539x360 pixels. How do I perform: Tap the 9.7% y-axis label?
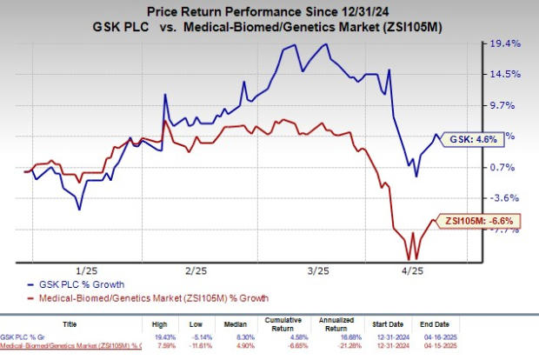(x=505, y=104)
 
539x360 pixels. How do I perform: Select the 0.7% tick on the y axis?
(x=505, y=167)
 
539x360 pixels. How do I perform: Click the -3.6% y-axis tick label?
(x=505, y=198)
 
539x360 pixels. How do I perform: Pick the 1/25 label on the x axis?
(x=86, y=270)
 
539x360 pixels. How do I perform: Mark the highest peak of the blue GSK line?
(x=326, y=43)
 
